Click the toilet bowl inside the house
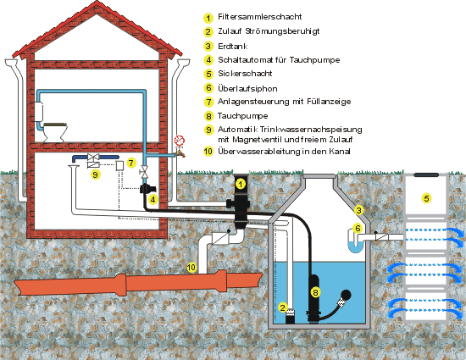click(x=55, y=132)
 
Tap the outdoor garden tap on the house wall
click(x=180, y=152)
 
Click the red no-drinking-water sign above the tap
click(x=180, y=141)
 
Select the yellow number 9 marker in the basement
click(x=95, y=174)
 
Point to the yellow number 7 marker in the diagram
click(x=131, y=163)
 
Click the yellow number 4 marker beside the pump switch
click(x=153, y=199)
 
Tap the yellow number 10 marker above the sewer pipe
click(x=191, y=268)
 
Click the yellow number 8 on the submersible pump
click(x=315, y=292)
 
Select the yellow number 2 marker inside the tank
click(x=283, y=307)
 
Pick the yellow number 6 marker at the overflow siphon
click(x=358, y=228)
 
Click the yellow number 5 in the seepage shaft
click(x=426, y=198)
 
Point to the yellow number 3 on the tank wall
click(x=359, y=210)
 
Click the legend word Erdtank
click(x=233, y=47)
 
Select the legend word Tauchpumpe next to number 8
click(x=243, y=116)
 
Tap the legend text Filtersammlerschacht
click(x=260, y=17)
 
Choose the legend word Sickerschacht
click(x=245, y=74)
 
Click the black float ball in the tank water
click(x=346, y=295)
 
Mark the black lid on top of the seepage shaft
click(x=426, y=175)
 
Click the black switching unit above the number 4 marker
click(x=147, y=189)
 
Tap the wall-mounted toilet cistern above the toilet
click(x=39, y=111)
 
